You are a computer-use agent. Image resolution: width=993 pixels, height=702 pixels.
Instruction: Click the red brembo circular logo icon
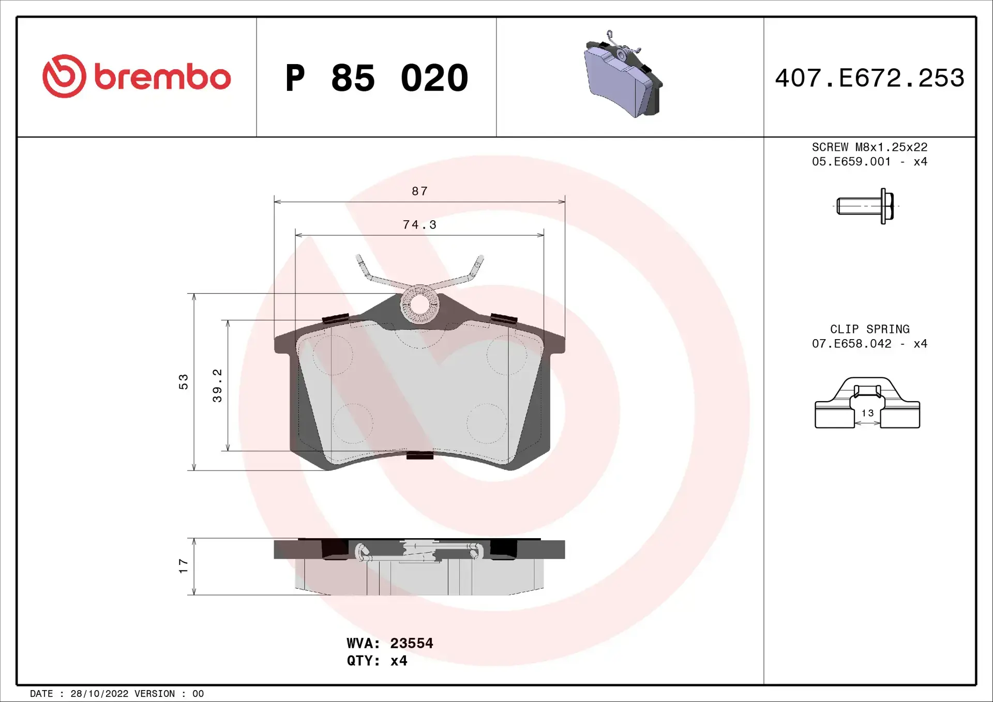click(64, 77)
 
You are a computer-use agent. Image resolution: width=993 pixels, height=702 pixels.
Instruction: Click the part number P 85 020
click(377, 78)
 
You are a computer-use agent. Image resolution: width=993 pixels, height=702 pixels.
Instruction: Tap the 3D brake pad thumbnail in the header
click(623, 75)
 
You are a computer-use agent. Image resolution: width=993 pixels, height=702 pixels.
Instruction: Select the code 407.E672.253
click(869, 78)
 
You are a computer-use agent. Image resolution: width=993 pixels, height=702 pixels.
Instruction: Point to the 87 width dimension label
click(419, 191)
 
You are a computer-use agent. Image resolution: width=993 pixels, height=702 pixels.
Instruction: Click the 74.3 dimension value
click(419, 225)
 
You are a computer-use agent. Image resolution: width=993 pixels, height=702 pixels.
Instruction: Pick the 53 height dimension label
click(184, 381)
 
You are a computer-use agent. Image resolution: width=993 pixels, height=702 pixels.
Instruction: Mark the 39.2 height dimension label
click(217, 385)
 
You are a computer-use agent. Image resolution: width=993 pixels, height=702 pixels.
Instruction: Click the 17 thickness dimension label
click(184, 566)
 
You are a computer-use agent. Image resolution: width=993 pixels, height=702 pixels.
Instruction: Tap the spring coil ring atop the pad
click(419, 304)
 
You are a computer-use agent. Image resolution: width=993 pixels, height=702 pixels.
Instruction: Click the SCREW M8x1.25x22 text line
click(869, 147)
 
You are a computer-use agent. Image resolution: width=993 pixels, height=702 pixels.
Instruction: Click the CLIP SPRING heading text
click(869, 329)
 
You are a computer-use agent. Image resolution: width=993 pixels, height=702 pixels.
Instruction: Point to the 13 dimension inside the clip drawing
click(867, 413)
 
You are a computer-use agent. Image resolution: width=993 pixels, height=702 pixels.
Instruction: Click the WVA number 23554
click(411, 643)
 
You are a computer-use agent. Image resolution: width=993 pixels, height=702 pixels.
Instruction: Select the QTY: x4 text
click(377, 661)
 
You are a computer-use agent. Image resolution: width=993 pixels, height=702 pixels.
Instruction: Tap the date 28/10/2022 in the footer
click(99, 694)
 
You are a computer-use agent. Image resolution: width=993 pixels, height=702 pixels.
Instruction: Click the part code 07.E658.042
click(851, 344)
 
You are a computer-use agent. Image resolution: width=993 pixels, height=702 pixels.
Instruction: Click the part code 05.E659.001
click(851, 162)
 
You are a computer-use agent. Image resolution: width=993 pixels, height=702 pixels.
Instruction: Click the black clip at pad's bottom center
click(419, 455)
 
